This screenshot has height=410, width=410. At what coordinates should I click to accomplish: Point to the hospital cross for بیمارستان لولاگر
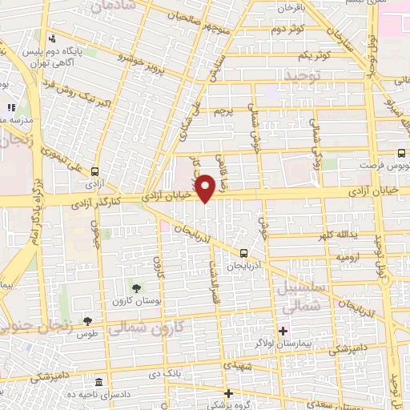(x=282, y=331)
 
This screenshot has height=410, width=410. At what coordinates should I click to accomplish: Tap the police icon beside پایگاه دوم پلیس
(x=52, y=38)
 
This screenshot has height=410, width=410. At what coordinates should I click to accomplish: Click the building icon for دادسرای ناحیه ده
(x=98, y=383)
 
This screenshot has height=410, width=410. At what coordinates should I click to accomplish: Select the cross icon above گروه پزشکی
(x=228, y=392)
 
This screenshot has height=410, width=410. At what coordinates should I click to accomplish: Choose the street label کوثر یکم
(x=313, y=55)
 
